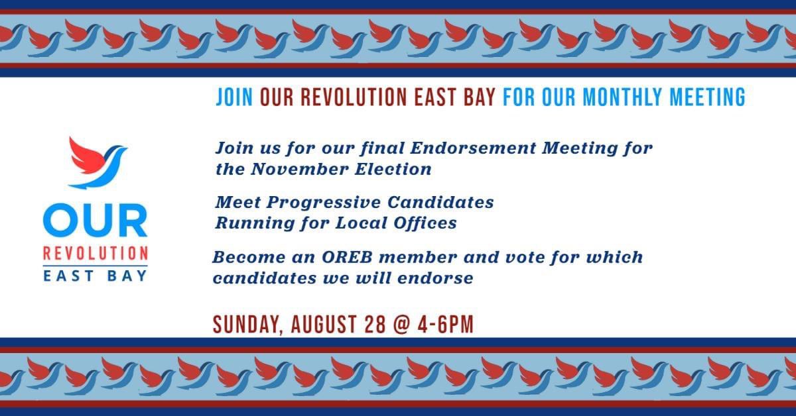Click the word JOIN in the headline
coord(234,98)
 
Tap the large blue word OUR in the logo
coord(96,221)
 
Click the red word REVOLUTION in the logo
coord(96,254)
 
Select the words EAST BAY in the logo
coord(96,275)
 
